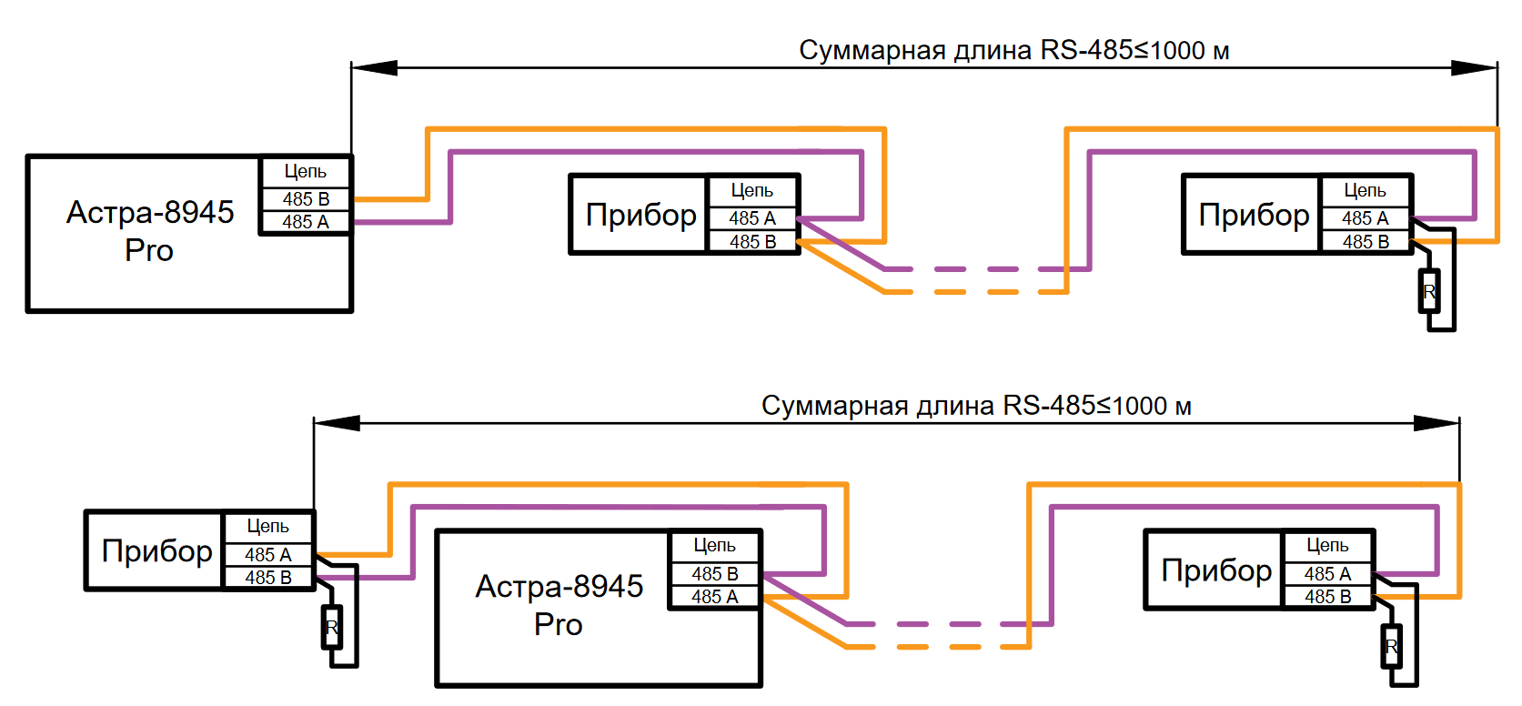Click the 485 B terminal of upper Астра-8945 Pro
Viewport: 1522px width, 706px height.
click(x=306, y=198)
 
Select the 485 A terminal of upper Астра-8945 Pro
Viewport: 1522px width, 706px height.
click(x=306, y=222)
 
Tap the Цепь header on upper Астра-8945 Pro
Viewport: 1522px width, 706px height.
click(x=306, y=171)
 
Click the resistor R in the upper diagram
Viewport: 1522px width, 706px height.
click(x=1429, y=292)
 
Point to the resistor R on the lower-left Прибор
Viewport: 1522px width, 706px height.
click(x=332, y=628)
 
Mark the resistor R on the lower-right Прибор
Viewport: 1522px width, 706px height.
click(x=1391, y=647)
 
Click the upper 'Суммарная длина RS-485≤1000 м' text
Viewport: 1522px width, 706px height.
click(x=1013, y=50)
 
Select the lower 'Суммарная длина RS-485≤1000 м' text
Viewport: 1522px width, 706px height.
click(x=976, y=406)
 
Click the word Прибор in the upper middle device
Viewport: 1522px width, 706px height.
click(x=640, y=215)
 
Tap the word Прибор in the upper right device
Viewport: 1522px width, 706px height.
click(x=1254, y=215)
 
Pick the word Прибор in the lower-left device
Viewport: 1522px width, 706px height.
click(x=156, y=551)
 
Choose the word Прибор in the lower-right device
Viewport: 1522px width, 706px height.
click(x=1216, y=570)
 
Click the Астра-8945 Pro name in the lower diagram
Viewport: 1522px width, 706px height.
click(x=559, y=605)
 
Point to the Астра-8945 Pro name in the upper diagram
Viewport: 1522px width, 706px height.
click(x=150, y=230)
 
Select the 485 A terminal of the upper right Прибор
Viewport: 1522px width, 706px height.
click(x=1365, y=218)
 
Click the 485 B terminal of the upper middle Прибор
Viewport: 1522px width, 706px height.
click(x=752, y=242)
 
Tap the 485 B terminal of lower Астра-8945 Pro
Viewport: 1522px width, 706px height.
click(x=714, y=574)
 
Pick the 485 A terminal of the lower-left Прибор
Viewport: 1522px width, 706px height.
click(x=267, y=555)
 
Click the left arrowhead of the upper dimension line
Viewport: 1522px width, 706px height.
click(x=374, y=67)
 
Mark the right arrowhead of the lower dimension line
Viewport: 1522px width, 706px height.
click(x=1437, y=423)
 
